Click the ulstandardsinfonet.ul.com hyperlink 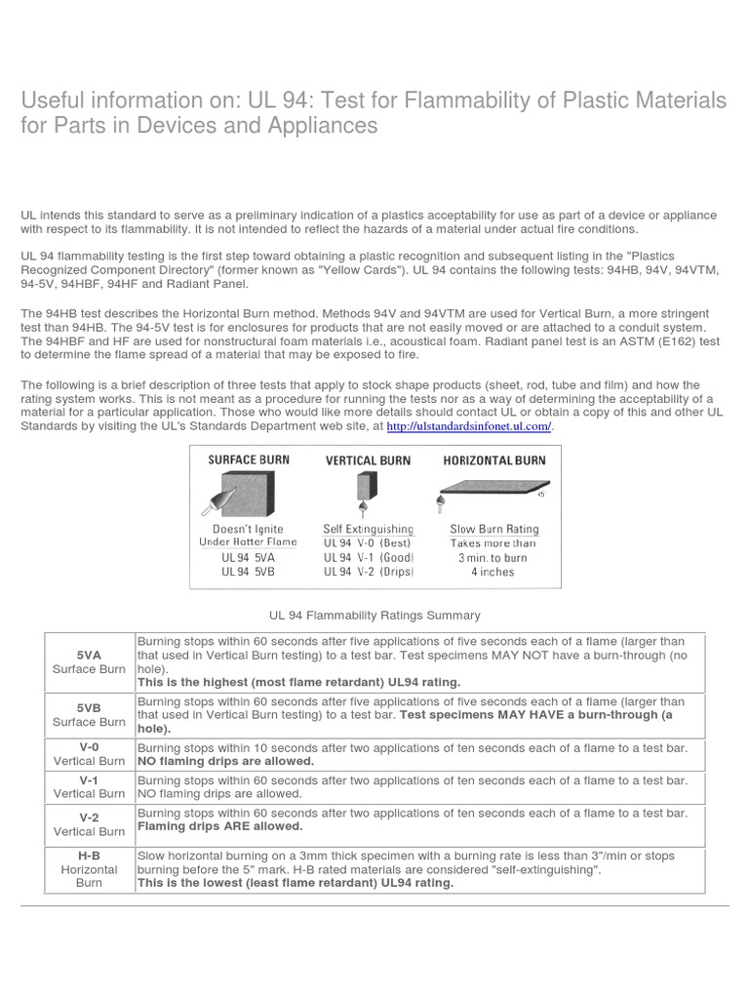click(470, 426)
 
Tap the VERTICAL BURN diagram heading click(368, 460)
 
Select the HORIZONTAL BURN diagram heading click(494, 460)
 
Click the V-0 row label click(89, 746)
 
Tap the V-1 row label click(89, 779)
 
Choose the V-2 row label click(89, 818)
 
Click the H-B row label click(89, 855)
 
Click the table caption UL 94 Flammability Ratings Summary click(374, 616)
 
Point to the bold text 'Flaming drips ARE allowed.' click(220, 826)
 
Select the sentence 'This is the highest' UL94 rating click(298, 682)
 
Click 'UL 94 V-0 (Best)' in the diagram click(368, 542)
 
